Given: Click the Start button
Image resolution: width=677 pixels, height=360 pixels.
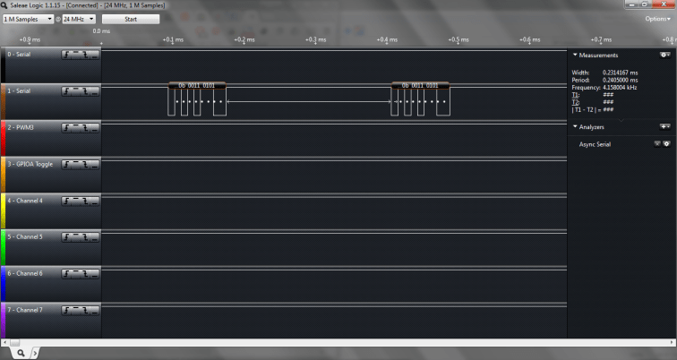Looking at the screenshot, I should point(131,19).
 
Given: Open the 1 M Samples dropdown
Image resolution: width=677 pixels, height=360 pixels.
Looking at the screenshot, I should point(28,19).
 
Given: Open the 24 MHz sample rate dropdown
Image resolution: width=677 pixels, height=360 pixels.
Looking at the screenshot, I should point(78,19).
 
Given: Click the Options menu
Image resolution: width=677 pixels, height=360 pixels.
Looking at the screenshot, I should point(656,19).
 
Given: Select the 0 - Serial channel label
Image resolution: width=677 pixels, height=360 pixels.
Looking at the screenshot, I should point(19,55).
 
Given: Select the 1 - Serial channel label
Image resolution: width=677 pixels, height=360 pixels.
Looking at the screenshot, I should point(19,91).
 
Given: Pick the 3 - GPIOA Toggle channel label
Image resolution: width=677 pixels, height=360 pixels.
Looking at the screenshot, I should point(30,164).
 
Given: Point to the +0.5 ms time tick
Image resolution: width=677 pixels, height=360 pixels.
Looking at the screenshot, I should point(458,39).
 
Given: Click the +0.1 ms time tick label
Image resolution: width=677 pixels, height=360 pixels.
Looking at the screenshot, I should point(173,39).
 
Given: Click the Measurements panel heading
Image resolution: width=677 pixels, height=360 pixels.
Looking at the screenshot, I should point(598,56).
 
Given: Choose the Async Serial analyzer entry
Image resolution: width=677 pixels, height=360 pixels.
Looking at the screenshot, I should point(595,144).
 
